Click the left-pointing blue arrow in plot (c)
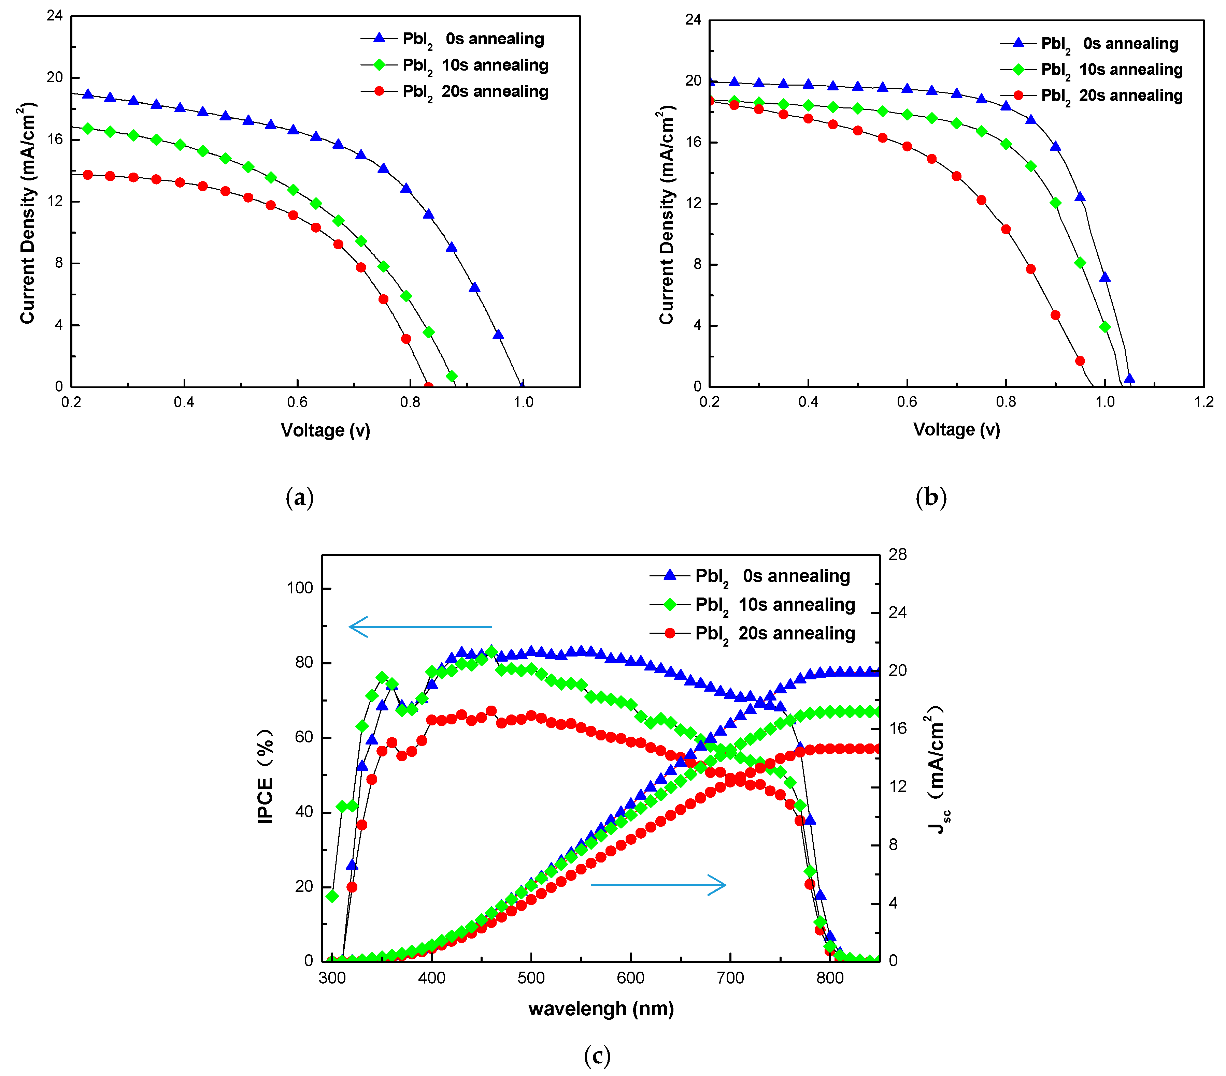coord(420,627)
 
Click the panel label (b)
coord(931,498)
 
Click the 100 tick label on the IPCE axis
coord(300,588)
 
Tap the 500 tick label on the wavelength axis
coord(531,978)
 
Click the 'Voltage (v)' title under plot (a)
coord(326,430)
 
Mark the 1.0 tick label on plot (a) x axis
coord(523,402)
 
